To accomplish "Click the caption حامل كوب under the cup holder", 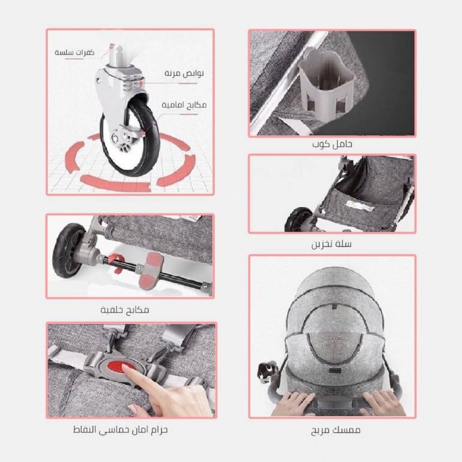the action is (332, 145).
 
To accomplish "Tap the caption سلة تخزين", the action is (332, 244).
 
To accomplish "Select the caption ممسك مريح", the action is (335, 430).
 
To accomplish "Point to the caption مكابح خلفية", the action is (125, 310).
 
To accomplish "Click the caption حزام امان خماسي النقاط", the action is (121, 430).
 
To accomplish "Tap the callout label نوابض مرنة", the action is (184, 73).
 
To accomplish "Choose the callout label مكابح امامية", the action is (184, 105).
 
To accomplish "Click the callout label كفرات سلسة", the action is (74, 53).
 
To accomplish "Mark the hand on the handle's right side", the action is (383, 402).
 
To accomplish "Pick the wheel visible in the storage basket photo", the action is (298, 219).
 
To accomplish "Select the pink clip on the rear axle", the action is (115, 262).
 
